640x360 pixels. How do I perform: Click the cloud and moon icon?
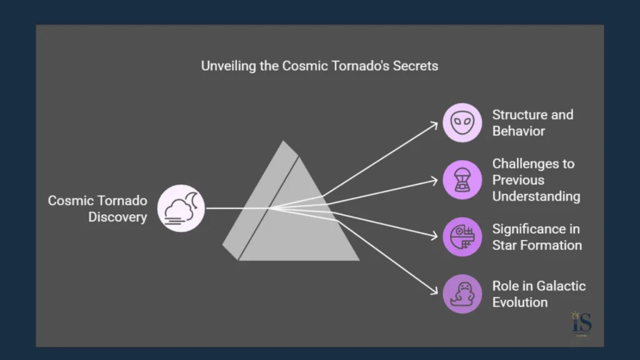pyautogui.click(x=181, y=208)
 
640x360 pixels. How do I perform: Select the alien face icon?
pyautogui.click(x=462, y=122)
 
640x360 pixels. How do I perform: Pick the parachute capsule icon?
pyautogui.click(x=462, y=180)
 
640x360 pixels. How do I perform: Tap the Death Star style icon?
pyautogui.click(x=462, y=237)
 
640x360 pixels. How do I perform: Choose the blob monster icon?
pyautogui.click(x=462, y=294)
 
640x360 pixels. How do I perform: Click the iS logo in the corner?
pyautogui.click(x=582, y=324)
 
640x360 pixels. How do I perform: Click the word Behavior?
pyautogui.click(x=519, y=131)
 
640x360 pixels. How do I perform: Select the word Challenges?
pyautogui.click(x=533, y=164)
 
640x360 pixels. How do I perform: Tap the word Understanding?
pyautogui.click(x=536, y=196)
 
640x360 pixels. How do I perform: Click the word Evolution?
pyautogui.click(x=520, y=302)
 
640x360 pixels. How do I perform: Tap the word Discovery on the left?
pyautogui.click(x=117, y=217)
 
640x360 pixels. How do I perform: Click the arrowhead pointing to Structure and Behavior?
pyautogui.click(x=437, y=123)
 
